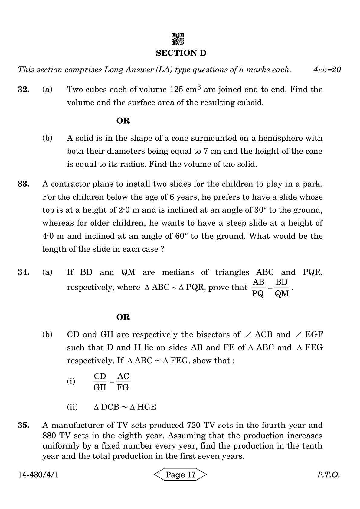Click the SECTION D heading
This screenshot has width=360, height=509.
[181, 53]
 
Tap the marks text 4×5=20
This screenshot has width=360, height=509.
[327, 70]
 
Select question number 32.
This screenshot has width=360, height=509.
[23, 90]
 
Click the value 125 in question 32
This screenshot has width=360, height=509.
[176, 90]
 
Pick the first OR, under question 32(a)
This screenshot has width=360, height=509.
[123, 121]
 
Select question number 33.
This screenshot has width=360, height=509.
[23, 184]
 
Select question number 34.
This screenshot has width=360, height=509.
[23, 272]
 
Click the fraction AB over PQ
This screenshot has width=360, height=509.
[258, 288]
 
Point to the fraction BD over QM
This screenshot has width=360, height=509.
[282, 288]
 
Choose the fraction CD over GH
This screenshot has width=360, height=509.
[100, 382]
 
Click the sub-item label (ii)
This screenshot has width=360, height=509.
[72, 407]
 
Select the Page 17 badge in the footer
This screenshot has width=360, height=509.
[181, 475]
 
